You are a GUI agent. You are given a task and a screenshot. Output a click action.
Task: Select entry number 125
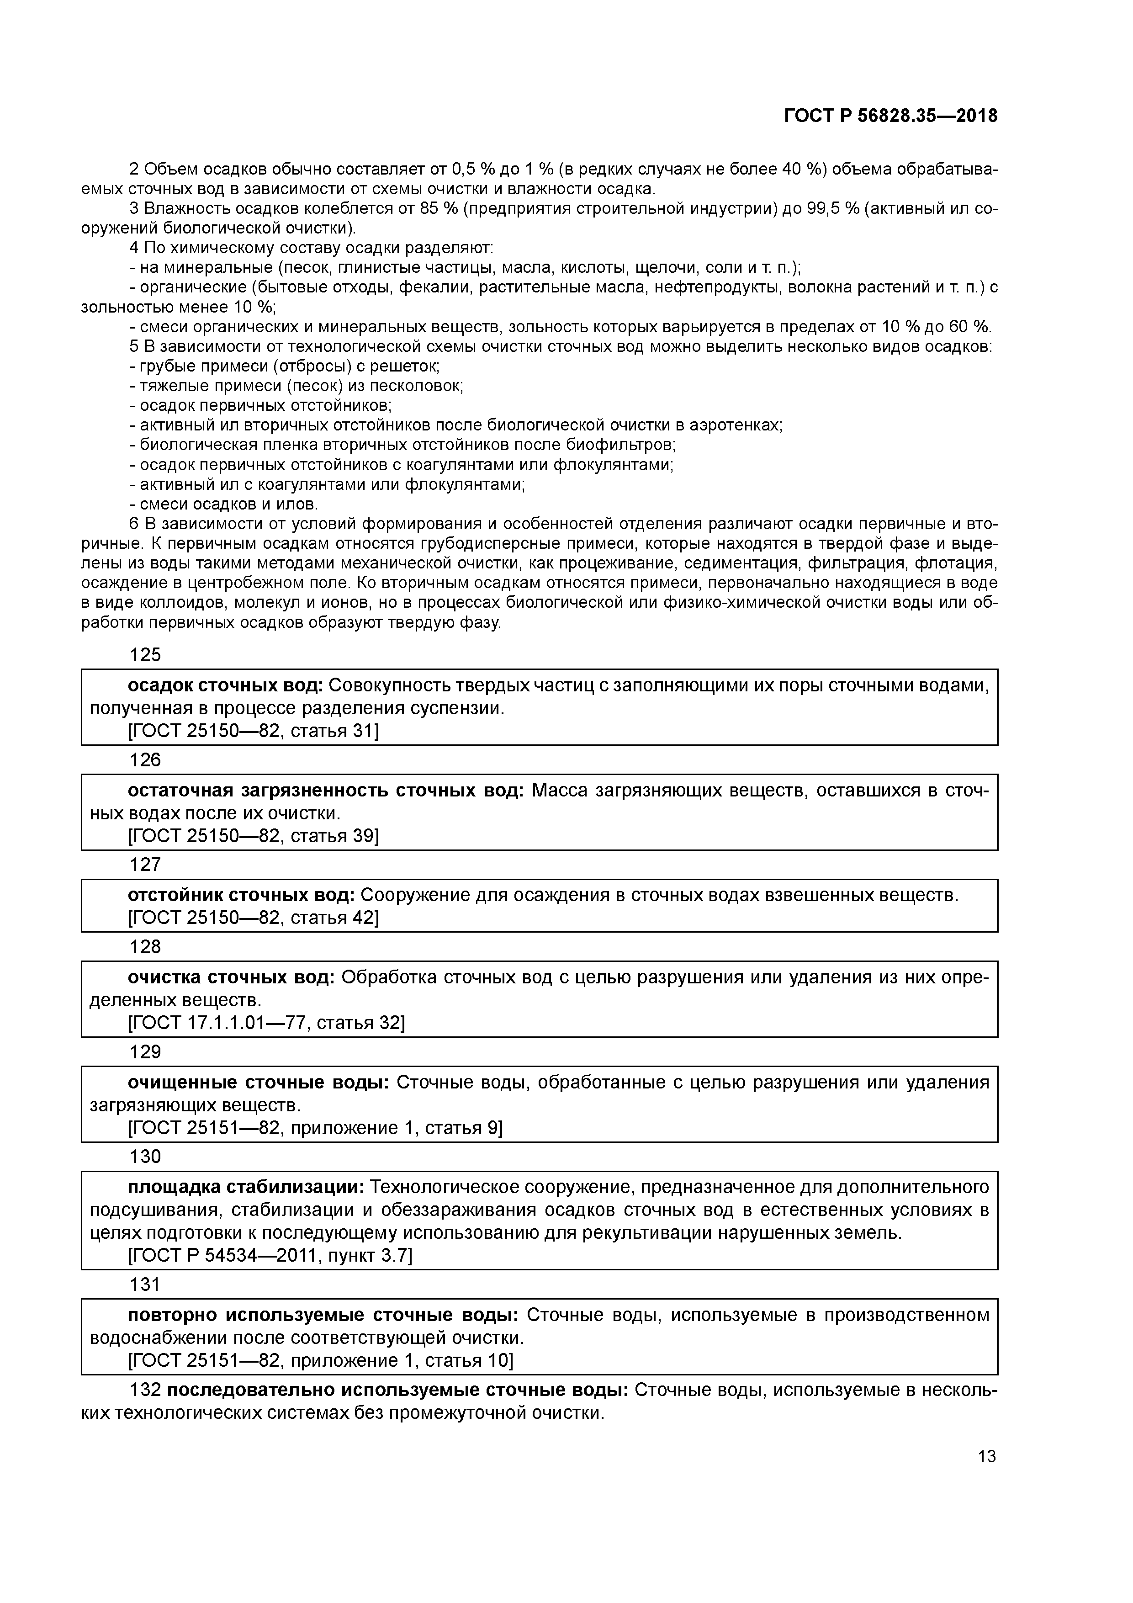coord(145,654)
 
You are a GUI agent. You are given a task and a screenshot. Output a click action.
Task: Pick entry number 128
coord(145,947)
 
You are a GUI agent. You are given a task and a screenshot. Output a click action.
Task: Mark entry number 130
coord(145,1157)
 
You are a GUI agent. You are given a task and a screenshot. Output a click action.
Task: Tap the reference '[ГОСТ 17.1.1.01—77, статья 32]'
coord(266,1023)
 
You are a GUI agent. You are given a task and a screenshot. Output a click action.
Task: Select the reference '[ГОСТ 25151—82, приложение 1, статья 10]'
coord(320,1361)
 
